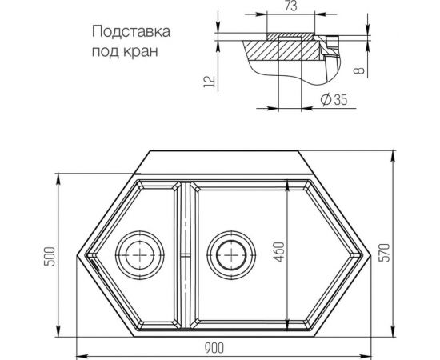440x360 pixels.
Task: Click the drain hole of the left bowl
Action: tap(141, 255)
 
